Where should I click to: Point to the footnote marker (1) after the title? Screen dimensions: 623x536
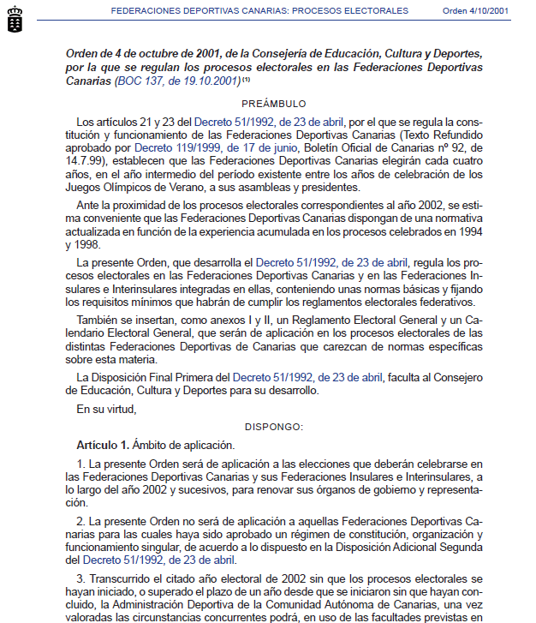(x=246, y=81)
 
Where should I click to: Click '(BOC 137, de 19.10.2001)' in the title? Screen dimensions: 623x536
(x=176, y=81)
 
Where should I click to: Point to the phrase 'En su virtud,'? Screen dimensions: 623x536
(x=106, y=409)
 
